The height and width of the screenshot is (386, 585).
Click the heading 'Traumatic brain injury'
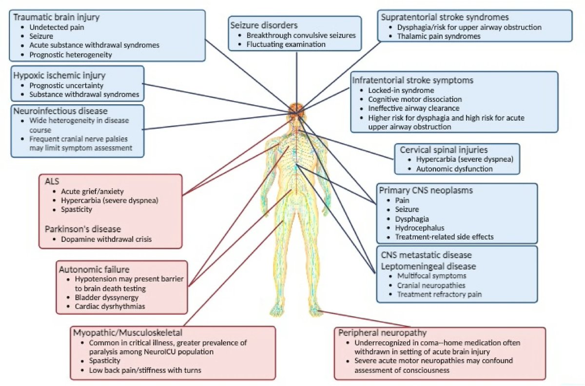pos(56,18)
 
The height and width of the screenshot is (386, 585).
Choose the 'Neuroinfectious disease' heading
pos(60,111)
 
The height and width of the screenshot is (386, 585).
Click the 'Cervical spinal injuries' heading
pos(443,150)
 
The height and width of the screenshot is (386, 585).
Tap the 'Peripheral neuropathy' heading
pos(380,333)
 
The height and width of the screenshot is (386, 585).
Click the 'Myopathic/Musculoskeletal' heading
pos(127,333)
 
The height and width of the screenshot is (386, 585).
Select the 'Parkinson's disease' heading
pos(83,229)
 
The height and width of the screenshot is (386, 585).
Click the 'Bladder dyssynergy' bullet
pos(106,297)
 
